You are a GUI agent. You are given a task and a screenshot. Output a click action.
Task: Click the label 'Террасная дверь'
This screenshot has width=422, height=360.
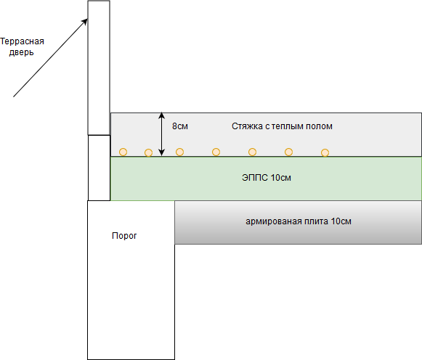[x=22, y=46]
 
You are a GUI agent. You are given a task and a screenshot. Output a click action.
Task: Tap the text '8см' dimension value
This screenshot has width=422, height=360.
[x=179, y=126]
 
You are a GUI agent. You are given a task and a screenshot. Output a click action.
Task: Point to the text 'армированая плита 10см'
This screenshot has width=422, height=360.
[x=299, y=221]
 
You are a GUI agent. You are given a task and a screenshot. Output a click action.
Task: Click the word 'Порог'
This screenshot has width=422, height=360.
[x=124, y=236]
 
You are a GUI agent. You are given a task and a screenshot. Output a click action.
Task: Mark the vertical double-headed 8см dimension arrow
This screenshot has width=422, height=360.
[x=161, y=134]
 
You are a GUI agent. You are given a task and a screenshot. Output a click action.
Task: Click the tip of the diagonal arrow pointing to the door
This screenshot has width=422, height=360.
[x=87, y=19]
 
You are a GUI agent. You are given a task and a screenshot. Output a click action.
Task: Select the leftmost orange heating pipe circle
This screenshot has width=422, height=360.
[x=123, y=152]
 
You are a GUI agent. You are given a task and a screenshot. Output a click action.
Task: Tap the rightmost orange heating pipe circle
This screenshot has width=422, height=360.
[x=325, y=152]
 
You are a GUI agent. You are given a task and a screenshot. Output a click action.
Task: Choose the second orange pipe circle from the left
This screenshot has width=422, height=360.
[x=148, y=152]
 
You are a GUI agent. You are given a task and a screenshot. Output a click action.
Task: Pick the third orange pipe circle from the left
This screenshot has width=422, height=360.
[x=179, y=152]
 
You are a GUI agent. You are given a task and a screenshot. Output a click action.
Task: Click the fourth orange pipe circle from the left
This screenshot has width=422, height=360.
[x=216, y=152]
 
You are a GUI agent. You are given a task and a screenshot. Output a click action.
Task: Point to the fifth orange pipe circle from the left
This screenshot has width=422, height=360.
[x=252, y=152]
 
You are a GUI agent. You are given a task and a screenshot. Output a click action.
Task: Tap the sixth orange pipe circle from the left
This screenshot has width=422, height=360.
[x=288, y=152]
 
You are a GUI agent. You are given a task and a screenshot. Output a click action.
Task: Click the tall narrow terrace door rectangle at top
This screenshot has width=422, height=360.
[x=99, y=67]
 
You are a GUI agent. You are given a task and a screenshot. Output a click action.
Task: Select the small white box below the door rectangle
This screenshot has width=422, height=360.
[x=99, y=168]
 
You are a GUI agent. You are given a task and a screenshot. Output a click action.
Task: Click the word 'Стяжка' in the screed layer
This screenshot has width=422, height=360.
[x=246, y=126]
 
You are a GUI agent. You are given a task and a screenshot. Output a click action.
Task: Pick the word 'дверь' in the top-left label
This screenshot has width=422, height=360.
[x=22, y=52]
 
